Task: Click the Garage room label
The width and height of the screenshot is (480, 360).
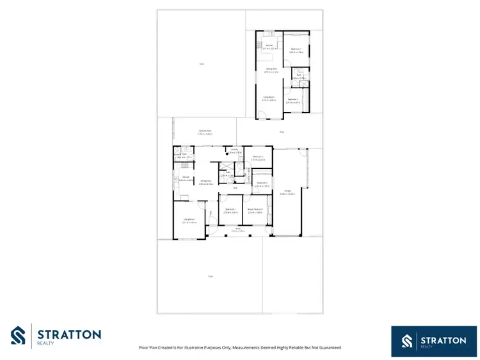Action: coord(291,192)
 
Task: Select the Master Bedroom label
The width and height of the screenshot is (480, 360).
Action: coord(255,209)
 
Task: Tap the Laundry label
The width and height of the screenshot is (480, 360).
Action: coord(235,150)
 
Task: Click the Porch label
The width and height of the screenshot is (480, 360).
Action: coord(237,228)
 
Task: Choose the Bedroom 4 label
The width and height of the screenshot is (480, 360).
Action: coord(258,157)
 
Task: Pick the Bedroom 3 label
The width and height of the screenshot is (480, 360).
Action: coord(262,184)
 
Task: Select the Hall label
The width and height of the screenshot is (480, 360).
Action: coord(235,188)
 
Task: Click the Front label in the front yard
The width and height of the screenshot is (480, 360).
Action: coord(210,276)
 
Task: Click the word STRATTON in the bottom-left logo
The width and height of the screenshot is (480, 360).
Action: coord(69,334)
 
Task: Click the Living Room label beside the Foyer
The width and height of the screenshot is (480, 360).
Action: coord(189,221)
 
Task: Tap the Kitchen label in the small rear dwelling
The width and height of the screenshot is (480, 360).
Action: coord(269,45)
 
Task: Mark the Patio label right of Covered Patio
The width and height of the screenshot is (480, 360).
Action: coord(281,132)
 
